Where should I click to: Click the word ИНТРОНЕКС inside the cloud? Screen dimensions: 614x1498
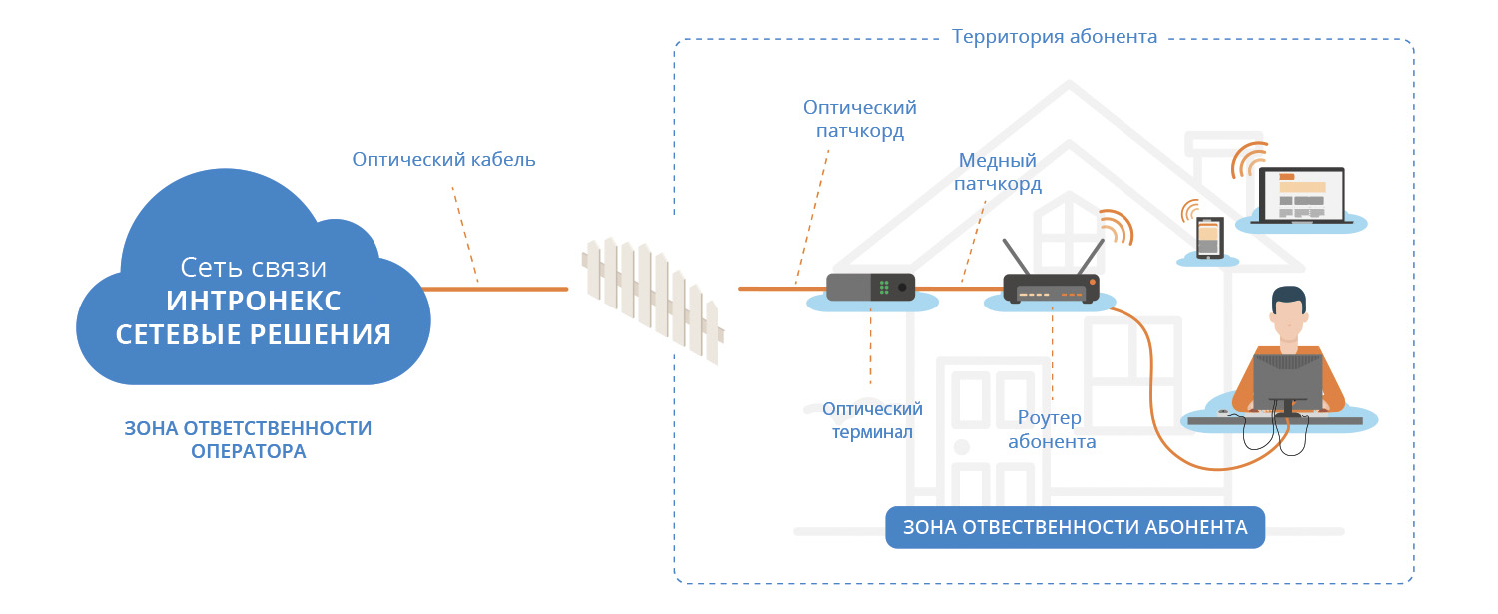(254, 301)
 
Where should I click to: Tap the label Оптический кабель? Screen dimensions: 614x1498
(443, 159)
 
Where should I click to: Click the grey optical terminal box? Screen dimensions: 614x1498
(870, 287)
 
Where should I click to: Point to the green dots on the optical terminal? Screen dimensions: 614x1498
(884, 288)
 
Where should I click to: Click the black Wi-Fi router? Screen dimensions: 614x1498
(1051, 289)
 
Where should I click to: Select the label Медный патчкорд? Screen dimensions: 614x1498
(997, 172)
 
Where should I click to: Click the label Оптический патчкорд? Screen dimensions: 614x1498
(859, 119)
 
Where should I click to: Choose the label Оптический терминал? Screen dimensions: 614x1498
(872, 420)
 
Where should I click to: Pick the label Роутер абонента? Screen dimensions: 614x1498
(1051, 429)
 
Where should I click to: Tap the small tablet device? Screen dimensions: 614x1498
(1208, 238)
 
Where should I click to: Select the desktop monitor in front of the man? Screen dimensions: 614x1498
(1288, 380)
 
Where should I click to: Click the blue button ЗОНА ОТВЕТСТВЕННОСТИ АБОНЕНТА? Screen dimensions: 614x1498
(1075, 528)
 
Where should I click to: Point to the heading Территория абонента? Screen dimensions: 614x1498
(1054, 37)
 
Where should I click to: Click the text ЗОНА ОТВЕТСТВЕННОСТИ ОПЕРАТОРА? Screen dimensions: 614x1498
(248, 439)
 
